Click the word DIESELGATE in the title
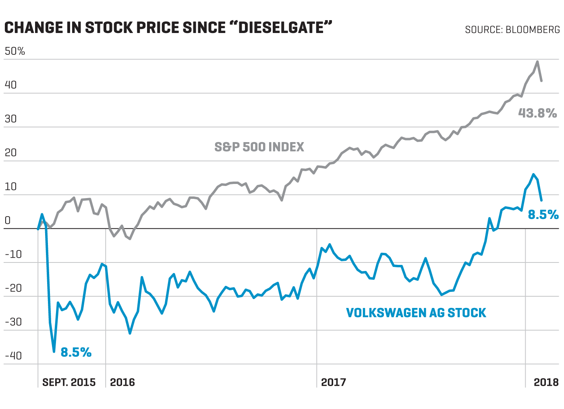tap(281, 28)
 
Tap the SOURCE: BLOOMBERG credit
tap(512, 30)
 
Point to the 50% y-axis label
tap(15, 51)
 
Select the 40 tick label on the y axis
tap(11, 85)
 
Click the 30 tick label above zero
tap(11, 119)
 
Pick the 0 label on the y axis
tap(8, 220)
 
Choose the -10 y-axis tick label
tap(13, 254)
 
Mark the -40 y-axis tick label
tap(13, 356)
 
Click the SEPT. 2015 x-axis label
tap(69, 382)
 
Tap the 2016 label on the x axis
tap(122, 382)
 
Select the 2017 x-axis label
tap(333, 382)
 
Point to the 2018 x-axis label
tap(546, 382)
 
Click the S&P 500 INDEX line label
tap(259, 147)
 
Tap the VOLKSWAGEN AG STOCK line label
tap(416, 313)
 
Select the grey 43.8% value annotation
tap(537, 113)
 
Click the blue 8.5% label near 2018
tap(543, 215)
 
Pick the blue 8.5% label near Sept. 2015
tap(76, 352)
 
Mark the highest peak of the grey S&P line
tap(537, 62)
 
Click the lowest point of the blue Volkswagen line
tap(54, 351)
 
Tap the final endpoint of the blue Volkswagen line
tap(541, 200)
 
